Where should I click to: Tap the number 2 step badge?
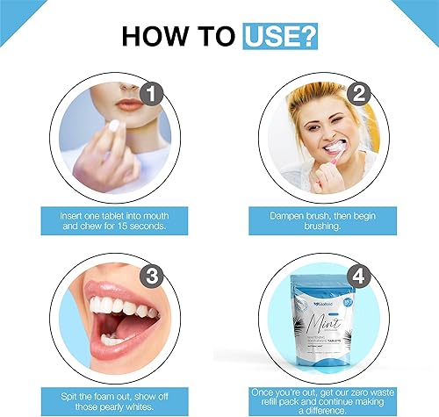click(x=358, y=93)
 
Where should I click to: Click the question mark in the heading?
click(x=308, y=36)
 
